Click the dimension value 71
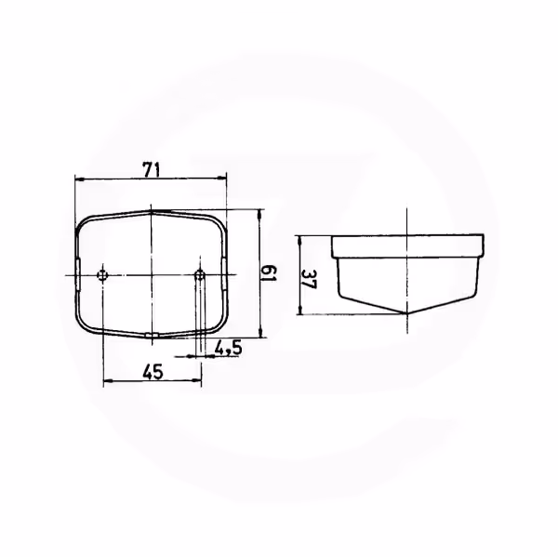click(x=152, y=169)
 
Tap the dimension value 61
click(x=269, y=273)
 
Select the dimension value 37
click(x=309, y=279)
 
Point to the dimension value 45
click(x=153, y=372)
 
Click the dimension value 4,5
click(x=228, y=348)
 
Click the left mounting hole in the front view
click(x=102, y=274)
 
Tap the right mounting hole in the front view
click(x=200, y=274)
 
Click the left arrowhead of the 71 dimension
click(x=80, y=179)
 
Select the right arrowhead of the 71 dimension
click(x=222, y=178)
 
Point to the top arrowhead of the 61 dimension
click(x=260, y=214)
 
